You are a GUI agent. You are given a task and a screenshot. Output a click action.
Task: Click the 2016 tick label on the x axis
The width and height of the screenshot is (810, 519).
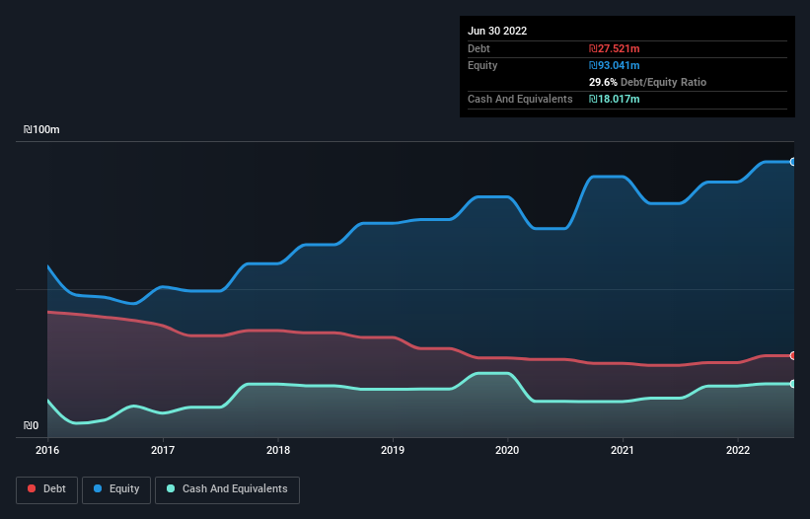47,450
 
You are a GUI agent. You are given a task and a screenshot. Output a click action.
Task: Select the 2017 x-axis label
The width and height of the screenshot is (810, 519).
163,450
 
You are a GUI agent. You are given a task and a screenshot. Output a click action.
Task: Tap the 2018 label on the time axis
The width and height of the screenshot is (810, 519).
278,450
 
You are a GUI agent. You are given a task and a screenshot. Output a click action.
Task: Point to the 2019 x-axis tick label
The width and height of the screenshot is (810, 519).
393,450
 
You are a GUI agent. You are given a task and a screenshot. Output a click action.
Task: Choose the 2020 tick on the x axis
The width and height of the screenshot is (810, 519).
508,450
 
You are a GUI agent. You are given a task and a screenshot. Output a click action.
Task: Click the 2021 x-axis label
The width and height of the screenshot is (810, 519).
623,450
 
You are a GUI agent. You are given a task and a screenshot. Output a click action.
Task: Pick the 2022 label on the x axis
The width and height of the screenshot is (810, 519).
738,450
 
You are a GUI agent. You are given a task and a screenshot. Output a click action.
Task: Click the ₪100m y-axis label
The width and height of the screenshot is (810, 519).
42,130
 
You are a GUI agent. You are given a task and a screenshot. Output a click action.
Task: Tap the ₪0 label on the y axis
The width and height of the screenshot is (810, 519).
33,426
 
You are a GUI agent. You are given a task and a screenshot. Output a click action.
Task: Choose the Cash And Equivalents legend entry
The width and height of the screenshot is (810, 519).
227,488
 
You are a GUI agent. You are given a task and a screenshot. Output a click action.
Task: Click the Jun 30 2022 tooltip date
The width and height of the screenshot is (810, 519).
497,31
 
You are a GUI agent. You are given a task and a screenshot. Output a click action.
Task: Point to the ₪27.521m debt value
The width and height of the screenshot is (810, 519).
614,48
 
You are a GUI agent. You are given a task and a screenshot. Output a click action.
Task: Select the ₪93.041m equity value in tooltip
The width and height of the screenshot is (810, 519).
614,65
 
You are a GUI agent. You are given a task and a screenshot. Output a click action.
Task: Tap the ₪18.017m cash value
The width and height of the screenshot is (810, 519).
614,99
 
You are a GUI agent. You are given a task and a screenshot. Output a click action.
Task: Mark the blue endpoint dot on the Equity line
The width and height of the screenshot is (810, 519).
793,162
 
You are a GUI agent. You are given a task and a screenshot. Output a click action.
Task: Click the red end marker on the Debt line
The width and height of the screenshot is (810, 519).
793,355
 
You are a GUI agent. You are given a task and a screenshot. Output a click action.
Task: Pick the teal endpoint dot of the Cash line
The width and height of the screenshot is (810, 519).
793,384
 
